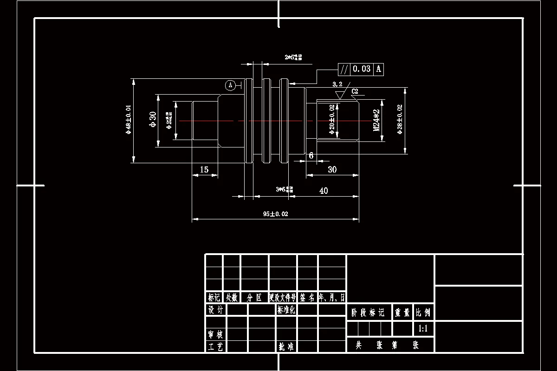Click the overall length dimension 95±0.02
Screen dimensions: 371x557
(276, 214)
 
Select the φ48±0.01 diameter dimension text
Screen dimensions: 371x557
(129, 119)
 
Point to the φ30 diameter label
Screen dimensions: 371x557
(152, 120)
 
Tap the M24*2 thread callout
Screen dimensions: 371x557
(377, 120)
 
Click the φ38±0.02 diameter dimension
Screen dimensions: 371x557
(400, 119)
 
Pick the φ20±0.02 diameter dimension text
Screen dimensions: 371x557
(331, 120)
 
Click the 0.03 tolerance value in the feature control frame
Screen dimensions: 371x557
(362, 69)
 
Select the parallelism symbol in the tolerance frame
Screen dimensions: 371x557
(343, 69)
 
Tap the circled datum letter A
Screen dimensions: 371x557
(230, 85)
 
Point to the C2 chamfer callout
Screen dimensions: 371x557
(355, 91)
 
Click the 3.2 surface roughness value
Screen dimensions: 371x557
(337, 84)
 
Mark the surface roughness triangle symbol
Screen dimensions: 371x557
(339, 95)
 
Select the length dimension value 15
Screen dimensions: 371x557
(204, 170)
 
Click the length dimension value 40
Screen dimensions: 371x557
(324, 191)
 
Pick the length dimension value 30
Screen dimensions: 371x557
(332, 169)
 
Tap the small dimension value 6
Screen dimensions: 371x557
(311, 155)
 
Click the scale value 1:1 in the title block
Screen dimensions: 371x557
(423, 329)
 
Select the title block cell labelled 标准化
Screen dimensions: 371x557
(286, 310)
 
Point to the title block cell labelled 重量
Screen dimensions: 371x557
(402, 313)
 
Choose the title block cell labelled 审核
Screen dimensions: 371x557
(215, 334)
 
